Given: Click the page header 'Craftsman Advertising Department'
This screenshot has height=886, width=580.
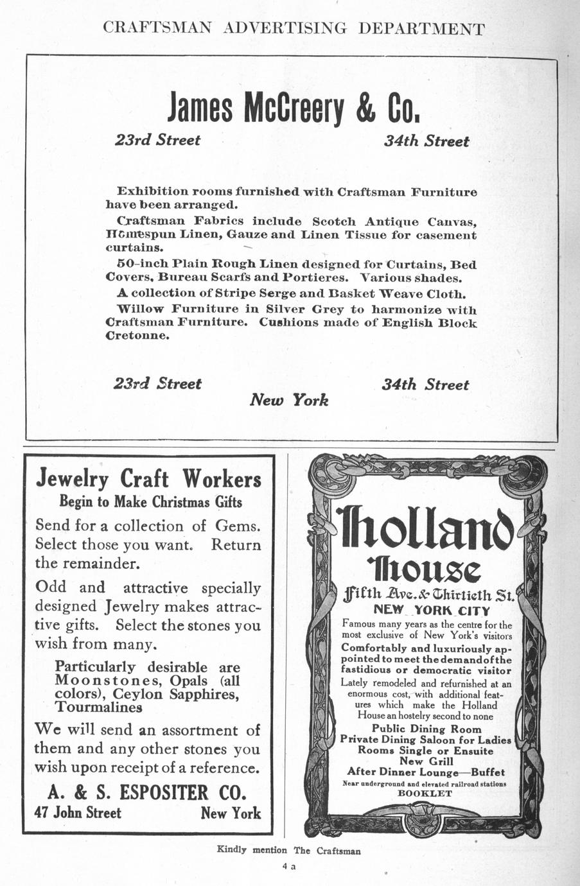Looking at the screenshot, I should click(x=294, y=28).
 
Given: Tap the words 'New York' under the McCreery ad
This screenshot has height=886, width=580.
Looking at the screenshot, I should click(x=288, y=400).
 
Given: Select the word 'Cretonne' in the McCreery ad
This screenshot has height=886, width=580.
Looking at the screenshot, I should click(x=137, y=336).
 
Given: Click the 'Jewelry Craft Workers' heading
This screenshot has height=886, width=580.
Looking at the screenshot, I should click(x=148, y=478).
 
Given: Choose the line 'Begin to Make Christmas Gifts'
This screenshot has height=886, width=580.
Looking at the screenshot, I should click(x=151, y=501).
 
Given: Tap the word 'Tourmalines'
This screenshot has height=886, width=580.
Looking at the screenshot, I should click(x=99, y=708).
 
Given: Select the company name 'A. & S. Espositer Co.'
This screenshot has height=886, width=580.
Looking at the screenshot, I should click(x=147, y=792).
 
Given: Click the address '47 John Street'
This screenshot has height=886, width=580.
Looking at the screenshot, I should click(x=78, y=813).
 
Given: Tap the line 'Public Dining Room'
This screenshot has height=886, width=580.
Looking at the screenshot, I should click(x=426, y=729).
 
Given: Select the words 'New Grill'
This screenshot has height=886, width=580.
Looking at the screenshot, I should click(x=426, y=761).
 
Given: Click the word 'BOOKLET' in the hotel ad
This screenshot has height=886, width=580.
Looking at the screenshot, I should click(x=425, y=794).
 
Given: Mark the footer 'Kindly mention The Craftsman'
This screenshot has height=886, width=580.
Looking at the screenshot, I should click(x=289, y=851).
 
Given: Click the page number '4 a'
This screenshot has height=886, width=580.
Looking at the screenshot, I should click(x=288, y=866).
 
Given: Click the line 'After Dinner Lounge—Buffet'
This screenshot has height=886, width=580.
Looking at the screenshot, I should click(x=426, y=772).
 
